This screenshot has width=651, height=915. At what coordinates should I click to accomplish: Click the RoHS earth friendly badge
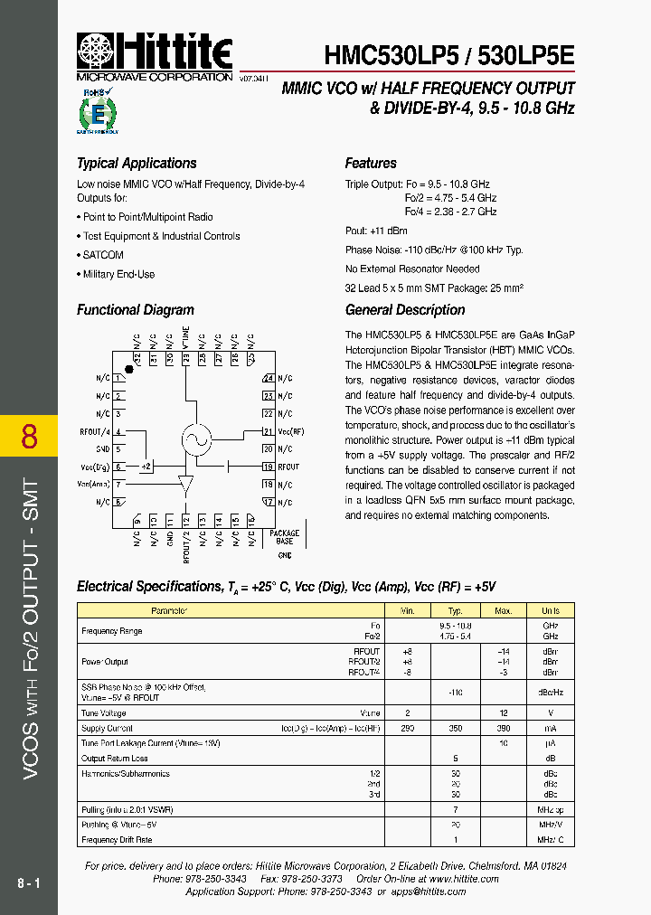click(98, 112)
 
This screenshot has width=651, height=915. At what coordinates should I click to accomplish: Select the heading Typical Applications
click(137, 164)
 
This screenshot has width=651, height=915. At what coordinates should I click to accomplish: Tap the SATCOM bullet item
click(103, 255)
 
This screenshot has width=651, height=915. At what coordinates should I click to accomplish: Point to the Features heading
click(371, 164)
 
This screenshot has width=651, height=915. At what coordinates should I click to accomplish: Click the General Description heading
click(405, 310)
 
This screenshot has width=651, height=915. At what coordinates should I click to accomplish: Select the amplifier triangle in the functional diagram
click(186, 485)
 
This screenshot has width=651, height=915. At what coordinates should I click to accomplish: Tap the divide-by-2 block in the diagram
click(146, 467)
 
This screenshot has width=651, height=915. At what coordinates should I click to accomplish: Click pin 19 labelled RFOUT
click(268, 467)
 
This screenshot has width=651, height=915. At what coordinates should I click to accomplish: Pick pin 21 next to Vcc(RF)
click(268, 430)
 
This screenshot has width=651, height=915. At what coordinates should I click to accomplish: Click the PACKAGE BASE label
click(285, 537)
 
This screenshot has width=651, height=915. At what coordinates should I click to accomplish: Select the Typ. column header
click(456, 611)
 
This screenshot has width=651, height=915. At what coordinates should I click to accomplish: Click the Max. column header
click(505, 611)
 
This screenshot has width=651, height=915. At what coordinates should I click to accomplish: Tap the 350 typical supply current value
click(456, 728)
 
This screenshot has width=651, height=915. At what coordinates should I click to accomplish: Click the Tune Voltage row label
click(104, 713)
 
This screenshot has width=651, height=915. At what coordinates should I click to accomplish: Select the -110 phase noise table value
click(456, 692)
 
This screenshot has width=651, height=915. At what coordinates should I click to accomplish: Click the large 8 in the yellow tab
click(29, 437)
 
